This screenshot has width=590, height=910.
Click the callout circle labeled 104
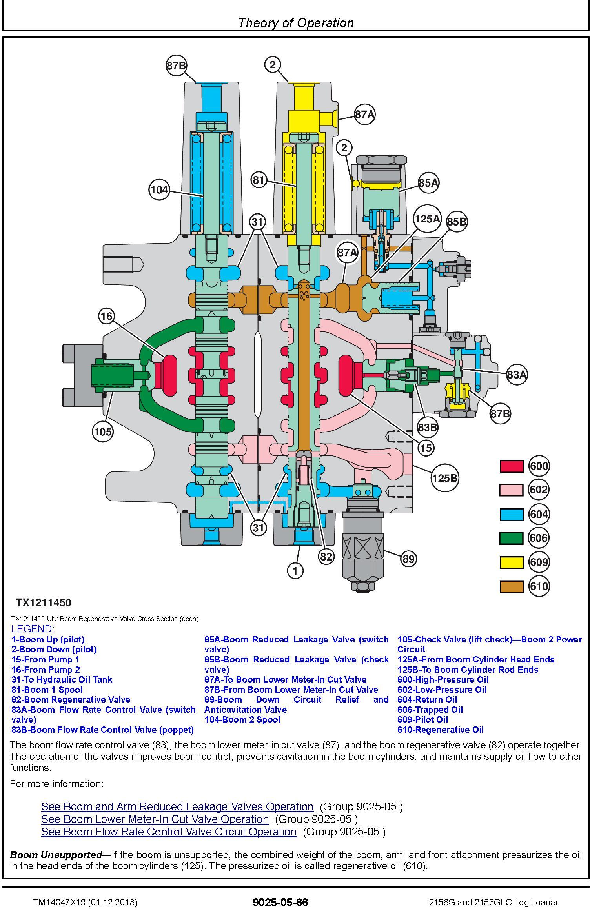tap(159, 190)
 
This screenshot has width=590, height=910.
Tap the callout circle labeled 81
tap(259, 180)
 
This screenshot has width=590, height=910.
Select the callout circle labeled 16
tap(107, 316)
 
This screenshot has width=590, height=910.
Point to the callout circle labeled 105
tap(103, 432)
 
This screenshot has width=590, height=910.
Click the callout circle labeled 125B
tap(445, 478)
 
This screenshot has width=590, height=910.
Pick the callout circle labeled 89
tap(408, 559)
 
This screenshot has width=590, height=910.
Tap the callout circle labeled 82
tap(326, 556)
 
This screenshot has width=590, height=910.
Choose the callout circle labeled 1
tap(295, 570)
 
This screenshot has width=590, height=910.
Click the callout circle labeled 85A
tap(428, 182)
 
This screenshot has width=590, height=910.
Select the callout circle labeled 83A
tap(517, 375)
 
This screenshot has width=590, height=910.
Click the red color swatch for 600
tap(512, 466)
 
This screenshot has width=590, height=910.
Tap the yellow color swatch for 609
tap(512, 562)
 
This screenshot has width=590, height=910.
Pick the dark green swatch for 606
tap(512, 538)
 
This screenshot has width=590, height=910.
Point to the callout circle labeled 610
tap(539, 586)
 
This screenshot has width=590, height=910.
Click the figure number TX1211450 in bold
tap(44, 602)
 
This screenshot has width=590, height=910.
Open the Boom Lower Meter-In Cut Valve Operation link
tap(155, 819)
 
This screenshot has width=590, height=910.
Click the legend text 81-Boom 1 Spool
tap(47, 690)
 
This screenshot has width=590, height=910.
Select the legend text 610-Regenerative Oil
tap(440, 730)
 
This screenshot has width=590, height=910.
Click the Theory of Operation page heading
tap(296, 23)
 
